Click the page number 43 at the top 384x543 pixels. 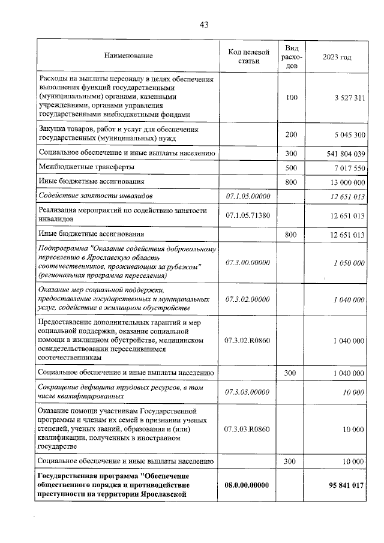(203, 25)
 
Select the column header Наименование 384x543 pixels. (128, 56)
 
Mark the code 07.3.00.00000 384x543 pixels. (248, 263)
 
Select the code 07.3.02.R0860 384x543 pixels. (248, 340)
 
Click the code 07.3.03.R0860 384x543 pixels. (248, 430)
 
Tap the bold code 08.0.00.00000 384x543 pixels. (248, 485)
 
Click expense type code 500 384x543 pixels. (292, 167)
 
